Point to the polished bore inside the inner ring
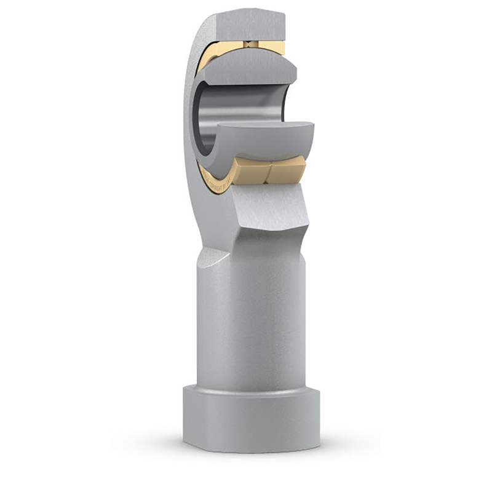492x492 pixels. click(x=246, y=111)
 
